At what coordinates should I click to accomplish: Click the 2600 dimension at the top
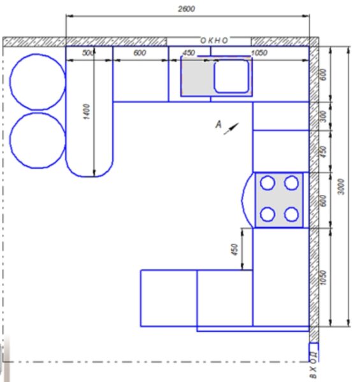tap(187, 9)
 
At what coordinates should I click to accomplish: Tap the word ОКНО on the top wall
tap(214, 40)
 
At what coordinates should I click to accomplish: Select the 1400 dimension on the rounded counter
tap(87, 111)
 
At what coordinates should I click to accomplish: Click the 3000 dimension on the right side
tap(342, 187)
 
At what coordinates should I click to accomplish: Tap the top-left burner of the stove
tap(268, 183)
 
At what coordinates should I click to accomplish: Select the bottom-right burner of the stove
tap(291, 215)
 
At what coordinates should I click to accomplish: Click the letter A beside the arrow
tap(219, 125)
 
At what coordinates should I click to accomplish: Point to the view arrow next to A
tap(231, 129)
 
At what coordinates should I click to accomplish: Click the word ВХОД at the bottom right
tap(314, 365)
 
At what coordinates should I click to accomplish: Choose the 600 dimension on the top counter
tap(140, 53)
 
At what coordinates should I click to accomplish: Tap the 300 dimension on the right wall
tap(323, 116)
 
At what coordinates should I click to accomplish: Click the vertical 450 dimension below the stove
tap(234, 250)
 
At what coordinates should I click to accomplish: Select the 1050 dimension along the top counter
tap(259, 53)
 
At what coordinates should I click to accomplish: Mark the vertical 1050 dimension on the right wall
tap(323, 277)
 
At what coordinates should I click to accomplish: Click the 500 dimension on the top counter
tap(87, 53)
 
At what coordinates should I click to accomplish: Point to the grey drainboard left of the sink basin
tap(198, 77)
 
